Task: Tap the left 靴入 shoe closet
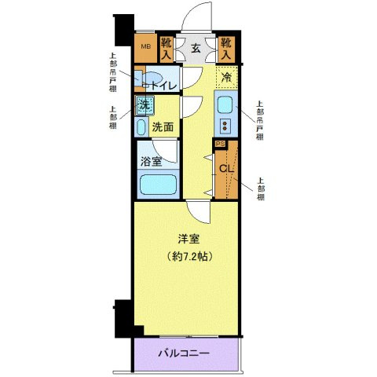tap(167, 48)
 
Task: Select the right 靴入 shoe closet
tap(227, 48)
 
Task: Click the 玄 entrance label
tap(197, 48)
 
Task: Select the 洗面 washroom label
tap(163, 126)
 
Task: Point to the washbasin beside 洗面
tap(141, 126)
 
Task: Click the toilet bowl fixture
tap(141, 79)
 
